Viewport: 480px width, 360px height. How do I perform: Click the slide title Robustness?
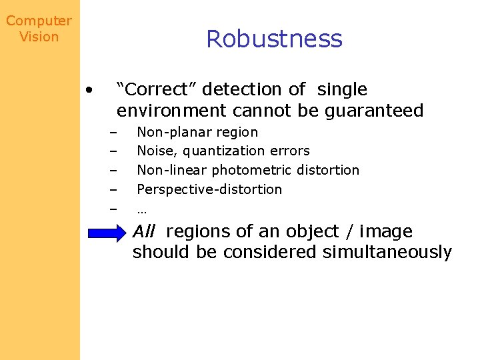274,39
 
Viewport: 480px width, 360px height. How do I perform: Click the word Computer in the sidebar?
39,21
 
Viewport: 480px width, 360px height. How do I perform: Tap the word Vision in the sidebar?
39,37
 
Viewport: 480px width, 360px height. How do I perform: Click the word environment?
171,111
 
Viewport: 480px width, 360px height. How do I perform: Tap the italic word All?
144,232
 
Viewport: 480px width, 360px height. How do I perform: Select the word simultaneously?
387,253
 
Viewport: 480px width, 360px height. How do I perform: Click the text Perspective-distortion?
209,189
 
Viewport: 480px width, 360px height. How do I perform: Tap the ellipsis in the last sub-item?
141,209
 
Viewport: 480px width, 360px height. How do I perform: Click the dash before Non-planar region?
113,133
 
